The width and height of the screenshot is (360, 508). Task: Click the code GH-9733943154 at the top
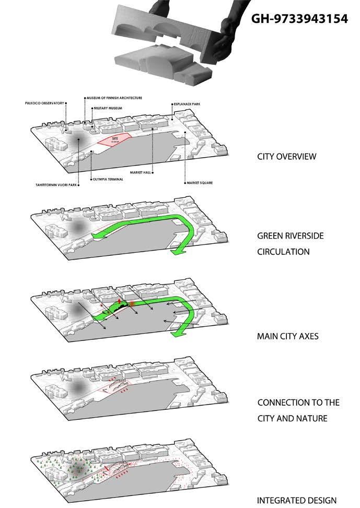pos(299,19)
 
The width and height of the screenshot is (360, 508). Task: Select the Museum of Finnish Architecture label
pos(115,98)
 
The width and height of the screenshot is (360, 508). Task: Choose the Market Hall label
pos(141,172)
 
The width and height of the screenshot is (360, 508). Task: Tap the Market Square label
pos(200,183)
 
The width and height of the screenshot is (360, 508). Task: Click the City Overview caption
pos(286,157)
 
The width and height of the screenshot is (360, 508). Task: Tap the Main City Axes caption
pos(287,336)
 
